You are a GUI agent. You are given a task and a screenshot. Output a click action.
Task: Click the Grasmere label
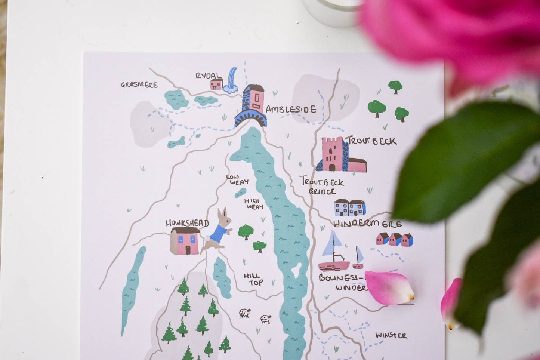(139, 85)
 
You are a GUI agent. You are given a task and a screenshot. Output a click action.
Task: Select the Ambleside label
(291, 109)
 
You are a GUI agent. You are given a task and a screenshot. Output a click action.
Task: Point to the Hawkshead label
(187, 223)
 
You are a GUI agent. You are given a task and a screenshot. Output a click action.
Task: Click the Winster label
(391, 335)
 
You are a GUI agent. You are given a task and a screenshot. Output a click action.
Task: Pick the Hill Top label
(254, 279)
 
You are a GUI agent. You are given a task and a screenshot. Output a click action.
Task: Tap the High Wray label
(254, 204)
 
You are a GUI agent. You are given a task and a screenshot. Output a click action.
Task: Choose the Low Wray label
(238, 179)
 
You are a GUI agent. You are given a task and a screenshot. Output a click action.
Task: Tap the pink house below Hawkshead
(185, 241)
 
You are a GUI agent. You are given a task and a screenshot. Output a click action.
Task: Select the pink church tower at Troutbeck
(333, 154)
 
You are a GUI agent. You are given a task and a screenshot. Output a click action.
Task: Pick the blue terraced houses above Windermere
(350, 208)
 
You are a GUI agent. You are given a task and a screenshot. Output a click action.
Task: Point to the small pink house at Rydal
(216, 84)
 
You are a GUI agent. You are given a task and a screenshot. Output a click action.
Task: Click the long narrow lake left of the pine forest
(132, 288)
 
